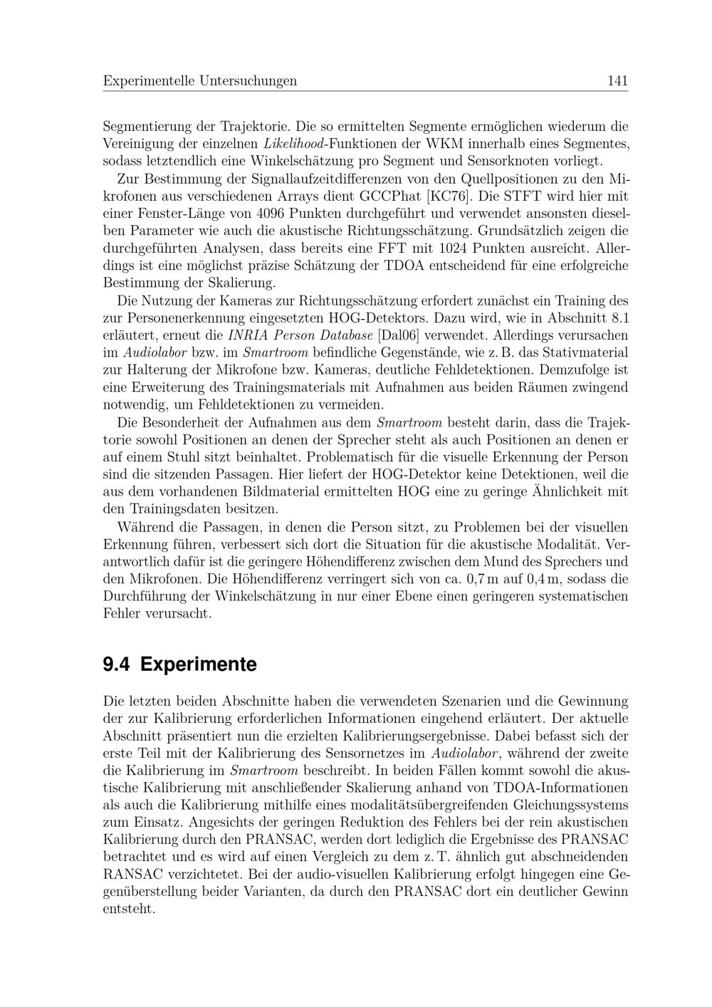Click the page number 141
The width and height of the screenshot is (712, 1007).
[x=617, y=81]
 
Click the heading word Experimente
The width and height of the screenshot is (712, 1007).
[x=198, y=664]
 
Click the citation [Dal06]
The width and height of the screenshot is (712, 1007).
[x=398, y=335]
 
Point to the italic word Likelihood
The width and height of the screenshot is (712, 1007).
[x=293, y=144]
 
